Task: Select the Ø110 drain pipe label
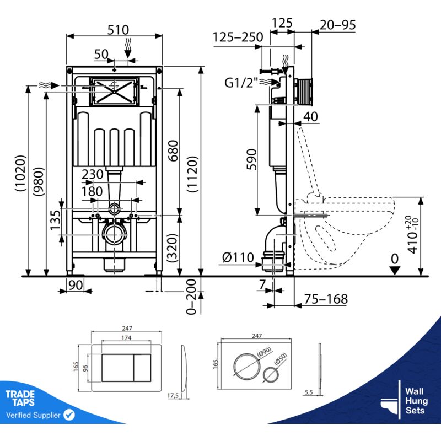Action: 239,257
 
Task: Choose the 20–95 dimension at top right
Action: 337,24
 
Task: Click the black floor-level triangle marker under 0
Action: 393,270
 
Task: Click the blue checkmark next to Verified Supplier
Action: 69,414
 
